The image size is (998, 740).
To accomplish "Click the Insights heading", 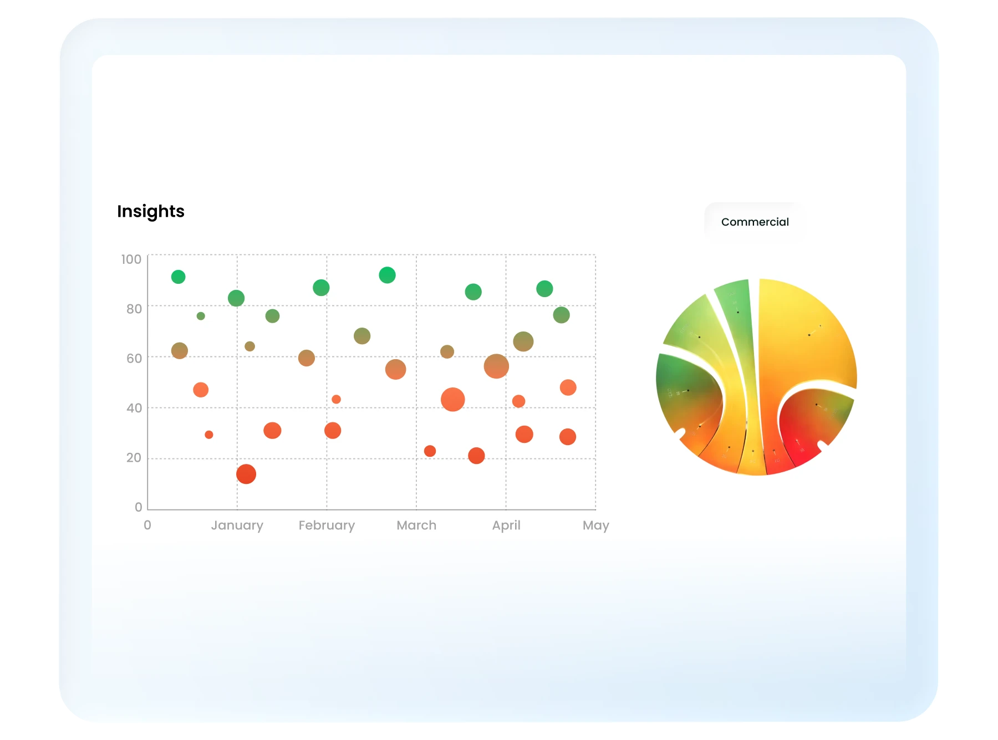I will [150, 211].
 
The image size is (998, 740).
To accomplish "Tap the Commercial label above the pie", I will [755, 222].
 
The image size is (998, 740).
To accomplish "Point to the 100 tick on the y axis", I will [131, 259].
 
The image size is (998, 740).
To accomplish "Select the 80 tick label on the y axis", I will [134, 309].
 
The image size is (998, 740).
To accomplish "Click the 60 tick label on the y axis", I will [134, 358].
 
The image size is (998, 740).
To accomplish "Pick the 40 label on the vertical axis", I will [134, 408].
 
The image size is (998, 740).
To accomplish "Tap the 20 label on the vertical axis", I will [134, 457].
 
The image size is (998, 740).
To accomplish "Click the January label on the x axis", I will [237, 525].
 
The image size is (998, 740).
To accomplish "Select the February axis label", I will [327, 525].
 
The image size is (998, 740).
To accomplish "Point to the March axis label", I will [416, 525].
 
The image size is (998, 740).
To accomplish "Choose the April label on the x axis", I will [506, 525].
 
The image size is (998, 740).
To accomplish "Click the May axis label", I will [595, 525].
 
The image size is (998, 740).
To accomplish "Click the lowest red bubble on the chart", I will [246, 474].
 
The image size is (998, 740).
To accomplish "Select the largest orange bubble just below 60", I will [496, 366].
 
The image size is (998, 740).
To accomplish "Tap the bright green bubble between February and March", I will [387, 275].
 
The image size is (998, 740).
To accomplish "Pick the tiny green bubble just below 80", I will [201, 316].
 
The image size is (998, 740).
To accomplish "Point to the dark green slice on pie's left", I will [685, 388].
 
